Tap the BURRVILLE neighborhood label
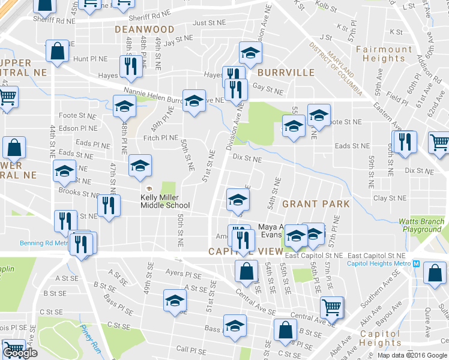tap(286, 73)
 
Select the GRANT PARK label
tap(316, 204)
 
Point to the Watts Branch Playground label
tap(422, 226)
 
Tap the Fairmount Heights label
tap(384, 54)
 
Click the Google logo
tap(20, 353)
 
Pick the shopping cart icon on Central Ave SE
tap(331, 307)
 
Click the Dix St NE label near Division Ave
tap(247, 160)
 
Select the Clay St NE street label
tap(389, 198)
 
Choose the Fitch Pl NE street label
tap(161, 138)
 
